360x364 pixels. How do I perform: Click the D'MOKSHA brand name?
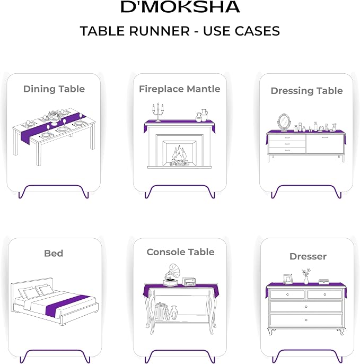click(x=180, y=7)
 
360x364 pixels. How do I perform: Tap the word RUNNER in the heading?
click(x=160, y=31)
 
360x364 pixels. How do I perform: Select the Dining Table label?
click(x=54, y=89)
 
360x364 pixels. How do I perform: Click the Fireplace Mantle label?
click(x=180, y=89)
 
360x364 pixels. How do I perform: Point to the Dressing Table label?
click(x=306, y=91)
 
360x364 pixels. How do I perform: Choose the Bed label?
click(x=54, y=253)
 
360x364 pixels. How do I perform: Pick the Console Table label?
click(x=180, y=252)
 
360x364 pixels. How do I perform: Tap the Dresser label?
click(x=308, y=256)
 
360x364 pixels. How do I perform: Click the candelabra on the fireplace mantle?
click(x=158, y=112)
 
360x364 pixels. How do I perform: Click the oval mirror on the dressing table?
click(x=284, y=123)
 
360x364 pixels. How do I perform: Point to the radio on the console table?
click(x=189, y=281)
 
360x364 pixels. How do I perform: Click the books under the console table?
click(x=162, y=311)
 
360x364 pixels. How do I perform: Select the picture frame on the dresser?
click(x=288, y=279)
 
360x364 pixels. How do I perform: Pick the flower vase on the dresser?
click(x=306, y=276)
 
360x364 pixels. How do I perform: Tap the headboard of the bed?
click(x=32, y=286)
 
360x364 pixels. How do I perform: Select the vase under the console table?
click(x=174, y=313)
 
